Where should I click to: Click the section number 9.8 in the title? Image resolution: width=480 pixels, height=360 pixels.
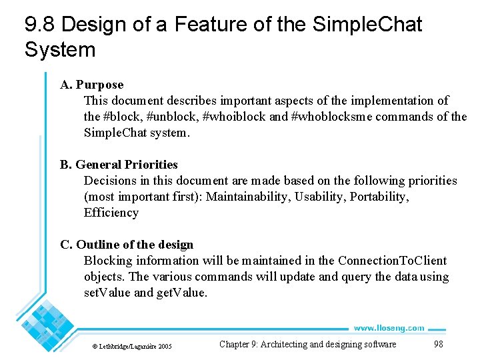[x=39, y=25]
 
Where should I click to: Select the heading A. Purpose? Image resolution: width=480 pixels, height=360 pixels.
[x=92, y=85]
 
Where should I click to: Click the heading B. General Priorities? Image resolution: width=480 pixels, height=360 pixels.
[x=119, y=165]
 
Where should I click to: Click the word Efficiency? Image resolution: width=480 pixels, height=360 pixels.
[x=111, y=213]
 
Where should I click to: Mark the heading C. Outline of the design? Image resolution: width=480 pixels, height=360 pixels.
[x=127, y=245]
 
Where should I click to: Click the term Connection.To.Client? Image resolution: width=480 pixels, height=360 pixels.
[x=392, y=261]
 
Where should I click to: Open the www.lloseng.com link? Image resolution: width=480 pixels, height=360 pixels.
[x=389, y=327]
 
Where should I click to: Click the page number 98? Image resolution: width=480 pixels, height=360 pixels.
[x=438, y=344]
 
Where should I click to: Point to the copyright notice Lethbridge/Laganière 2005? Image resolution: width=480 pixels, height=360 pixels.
[x=131, y=346]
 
